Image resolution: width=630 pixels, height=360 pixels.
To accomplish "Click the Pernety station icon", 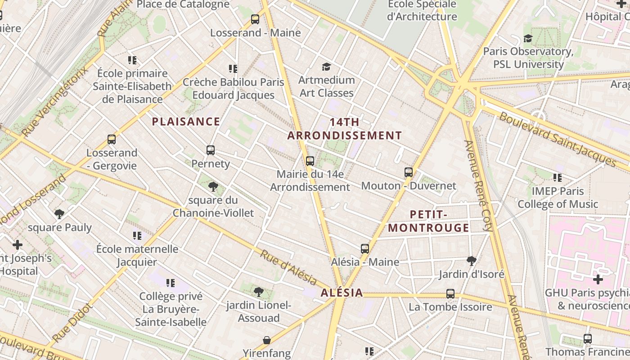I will tap(211, 150).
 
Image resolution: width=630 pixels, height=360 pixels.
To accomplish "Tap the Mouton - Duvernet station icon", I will tap(409, 172).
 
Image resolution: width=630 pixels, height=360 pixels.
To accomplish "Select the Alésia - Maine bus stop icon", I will tap(365, 249).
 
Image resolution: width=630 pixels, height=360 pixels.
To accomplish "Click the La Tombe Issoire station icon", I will tap(450, 294).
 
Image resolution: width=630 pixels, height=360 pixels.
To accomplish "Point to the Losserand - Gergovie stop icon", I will tap(112, 139).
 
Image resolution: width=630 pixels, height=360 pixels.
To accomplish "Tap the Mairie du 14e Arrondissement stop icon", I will tap(310, 161).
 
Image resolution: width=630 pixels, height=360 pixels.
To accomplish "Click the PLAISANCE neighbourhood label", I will tap(186, 121).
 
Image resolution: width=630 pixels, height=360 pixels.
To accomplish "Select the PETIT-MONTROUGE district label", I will tap(428, 221).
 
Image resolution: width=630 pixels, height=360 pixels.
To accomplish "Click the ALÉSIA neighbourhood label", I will tap(342, 293).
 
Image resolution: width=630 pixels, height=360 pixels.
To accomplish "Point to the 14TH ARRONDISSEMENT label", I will tap(345, 129).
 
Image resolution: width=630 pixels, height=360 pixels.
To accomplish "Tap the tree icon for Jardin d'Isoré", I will tap(472, 261).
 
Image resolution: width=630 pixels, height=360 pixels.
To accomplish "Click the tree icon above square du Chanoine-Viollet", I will tap(213, 187).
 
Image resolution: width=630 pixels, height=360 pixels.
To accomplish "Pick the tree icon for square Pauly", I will tap(59, 214).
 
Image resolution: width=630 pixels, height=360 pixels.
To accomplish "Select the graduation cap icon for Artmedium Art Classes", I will tap(326, 67).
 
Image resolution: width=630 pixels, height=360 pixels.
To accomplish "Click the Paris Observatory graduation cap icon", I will tap(528, 38).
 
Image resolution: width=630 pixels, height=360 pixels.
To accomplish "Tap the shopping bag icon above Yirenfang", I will tap(267, 340).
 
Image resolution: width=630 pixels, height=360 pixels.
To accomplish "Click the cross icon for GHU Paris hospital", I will tap(598, 279).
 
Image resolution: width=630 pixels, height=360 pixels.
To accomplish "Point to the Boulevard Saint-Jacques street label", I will tap(557, 139).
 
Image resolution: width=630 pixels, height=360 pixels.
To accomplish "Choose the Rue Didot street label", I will tap(72, 323).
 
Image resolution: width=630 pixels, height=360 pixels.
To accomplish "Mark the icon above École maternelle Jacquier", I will tap(137, 235).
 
